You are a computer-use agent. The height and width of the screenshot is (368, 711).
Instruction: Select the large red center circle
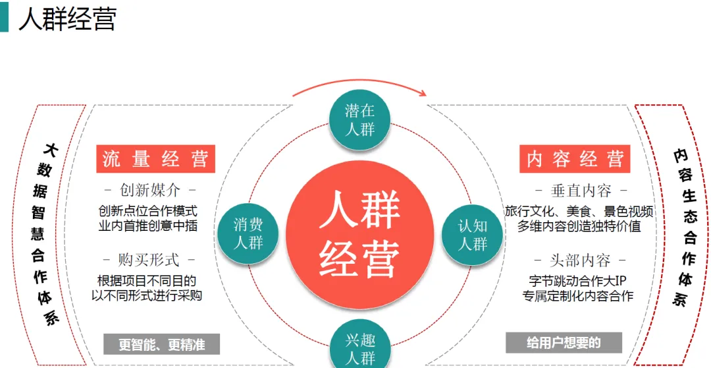coord(359,234)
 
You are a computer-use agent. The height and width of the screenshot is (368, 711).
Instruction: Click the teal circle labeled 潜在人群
coord(359,119)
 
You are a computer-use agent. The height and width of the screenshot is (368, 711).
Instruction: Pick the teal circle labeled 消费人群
coord(248,233)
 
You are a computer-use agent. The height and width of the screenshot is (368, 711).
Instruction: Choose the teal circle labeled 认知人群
coord(472,234)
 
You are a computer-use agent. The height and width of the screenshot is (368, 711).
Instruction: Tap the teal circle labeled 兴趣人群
coord(359,348)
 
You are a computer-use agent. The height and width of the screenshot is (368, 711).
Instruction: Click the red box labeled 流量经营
coord(155,159)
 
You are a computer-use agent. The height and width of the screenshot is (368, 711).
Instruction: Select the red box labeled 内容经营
coord(575,159)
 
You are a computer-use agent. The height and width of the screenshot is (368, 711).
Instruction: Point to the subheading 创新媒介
coord(149,191)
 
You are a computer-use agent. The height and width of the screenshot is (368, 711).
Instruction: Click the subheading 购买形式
coord(149,260)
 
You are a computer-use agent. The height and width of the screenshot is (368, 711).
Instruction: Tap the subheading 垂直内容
coord(580,191)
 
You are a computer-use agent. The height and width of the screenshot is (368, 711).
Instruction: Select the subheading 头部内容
coord(580,260)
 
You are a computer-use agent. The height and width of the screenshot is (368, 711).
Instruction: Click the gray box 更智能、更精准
coord(161,344)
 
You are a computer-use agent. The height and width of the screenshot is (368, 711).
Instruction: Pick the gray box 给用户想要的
coord(564,343)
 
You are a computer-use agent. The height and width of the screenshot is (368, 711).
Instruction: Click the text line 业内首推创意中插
coord(148,226)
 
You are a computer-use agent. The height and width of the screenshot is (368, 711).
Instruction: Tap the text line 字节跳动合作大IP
coord(578,281)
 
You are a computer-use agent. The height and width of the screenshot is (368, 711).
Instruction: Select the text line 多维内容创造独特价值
coord(579,226)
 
